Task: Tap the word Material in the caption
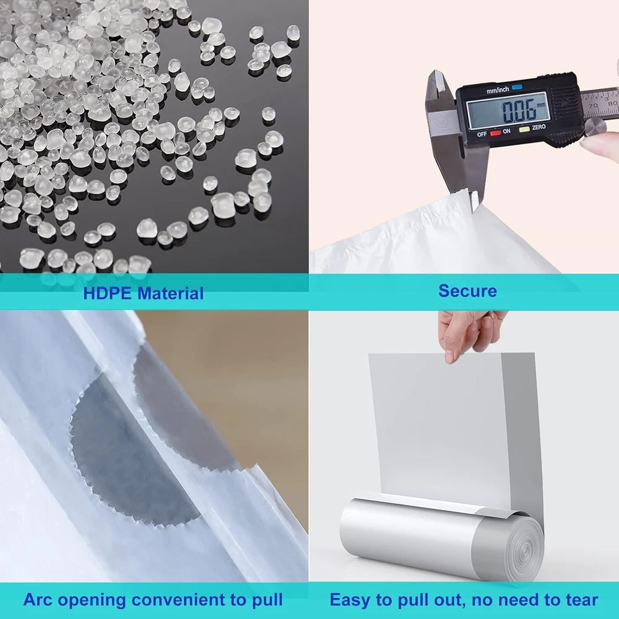pos(171,293)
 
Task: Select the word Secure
pos(467,291)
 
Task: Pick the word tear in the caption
pos(581,600)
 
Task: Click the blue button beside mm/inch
pos(517,88)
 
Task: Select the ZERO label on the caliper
pos(539,128)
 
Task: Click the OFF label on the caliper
pos(482,134)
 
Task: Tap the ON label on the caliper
pos(506,131)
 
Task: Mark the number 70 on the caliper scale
pos(593,106)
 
